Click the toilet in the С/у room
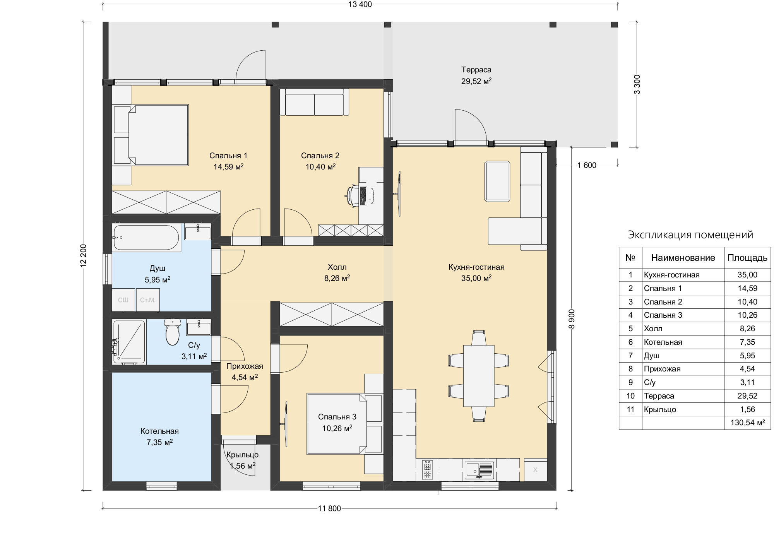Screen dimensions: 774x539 pyautogui.click(x=173, y=332)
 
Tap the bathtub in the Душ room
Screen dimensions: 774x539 pyautogui.click(x=146, y=238)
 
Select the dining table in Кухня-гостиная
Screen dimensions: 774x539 pyautogui.click(x=479, y=376)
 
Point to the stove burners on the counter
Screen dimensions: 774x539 pyautogui.click(x=428, y=470)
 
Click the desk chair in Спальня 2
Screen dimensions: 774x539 pyautogui.click(x=352, y=195)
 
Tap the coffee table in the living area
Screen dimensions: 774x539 pyautogui.click(x=497, y=181)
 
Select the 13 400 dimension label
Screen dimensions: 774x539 pyautogui.click(x=360, y=4)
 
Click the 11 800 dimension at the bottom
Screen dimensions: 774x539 pyautogui.click(x=329, y=508)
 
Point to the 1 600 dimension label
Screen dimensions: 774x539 pyautogui.click(x=587, y=166)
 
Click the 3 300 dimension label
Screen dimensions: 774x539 pyautogui.click(x=637, y=84)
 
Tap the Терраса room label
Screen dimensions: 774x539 pyautogui.click(x=476, y=70)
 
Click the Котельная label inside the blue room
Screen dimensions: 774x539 pyautogui.click(x=159, y=431)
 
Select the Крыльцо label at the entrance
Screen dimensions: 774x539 pyautogui.click(x=242, y=455)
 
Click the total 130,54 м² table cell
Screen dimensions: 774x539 pyautogui.click(x=748, y=423)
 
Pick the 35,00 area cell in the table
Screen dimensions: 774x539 pyautogui.click(x=747, y=275)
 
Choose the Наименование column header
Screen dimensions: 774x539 pyautogui.click(x=683, y=258)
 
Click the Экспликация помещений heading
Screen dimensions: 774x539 pyautogui.click(x=690, y=235)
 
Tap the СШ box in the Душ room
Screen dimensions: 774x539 pyautogui.click(x=123, y=300)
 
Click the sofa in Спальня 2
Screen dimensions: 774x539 pyautogui.click(x=314, y=102)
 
